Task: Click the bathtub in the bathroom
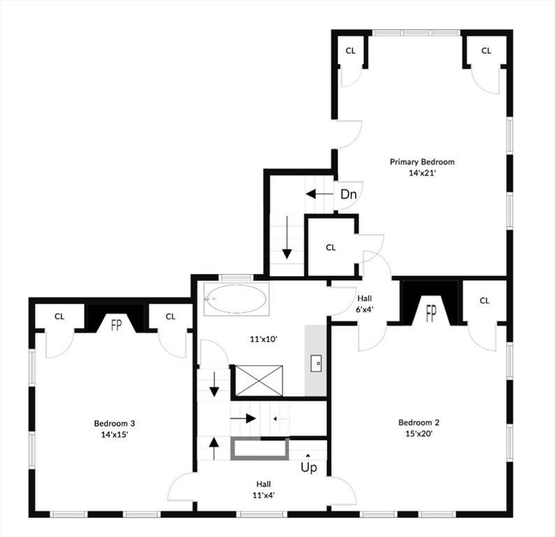click(236, 299)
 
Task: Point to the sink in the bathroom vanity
click(316, 364)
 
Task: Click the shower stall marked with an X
click(259, 381)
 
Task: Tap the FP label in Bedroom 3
click(116, 325)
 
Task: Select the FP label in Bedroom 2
click(431, 313)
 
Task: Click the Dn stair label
click(348, 194)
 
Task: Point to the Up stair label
click(309, 468)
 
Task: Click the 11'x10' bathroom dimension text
click(264, 339)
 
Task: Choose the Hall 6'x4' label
click(365, 303)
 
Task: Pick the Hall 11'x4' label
click(264, 489)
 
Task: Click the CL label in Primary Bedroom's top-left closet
click(350, 51)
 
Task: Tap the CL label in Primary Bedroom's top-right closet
click(486, 51)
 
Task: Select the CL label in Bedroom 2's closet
click(484, 301)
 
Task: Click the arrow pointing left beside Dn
click(319, 194)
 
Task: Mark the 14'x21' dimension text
click(422, 173)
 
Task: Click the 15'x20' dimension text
click(419, 434)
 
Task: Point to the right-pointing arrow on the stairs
click(243, 418)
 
